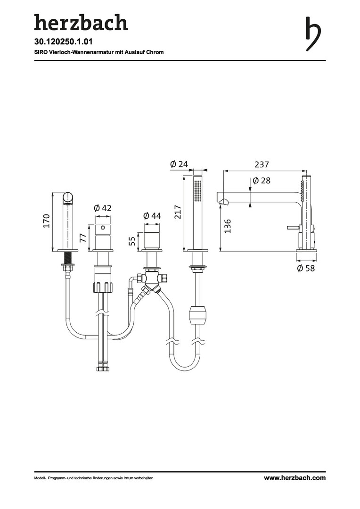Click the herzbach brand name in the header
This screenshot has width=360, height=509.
click(x=81, y=23)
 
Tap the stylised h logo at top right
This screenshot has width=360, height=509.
click(x=313, y=34)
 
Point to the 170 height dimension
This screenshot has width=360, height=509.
click(x=47, y=221)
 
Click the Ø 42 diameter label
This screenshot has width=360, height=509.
click(x=103, y=208)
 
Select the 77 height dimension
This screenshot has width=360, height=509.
click(x=83, y=238)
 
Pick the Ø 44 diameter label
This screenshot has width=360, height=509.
click(x=152, y=215)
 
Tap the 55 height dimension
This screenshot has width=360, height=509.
click(x=132, y=241)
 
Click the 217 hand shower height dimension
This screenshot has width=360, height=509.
click(x=178, y=212)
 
